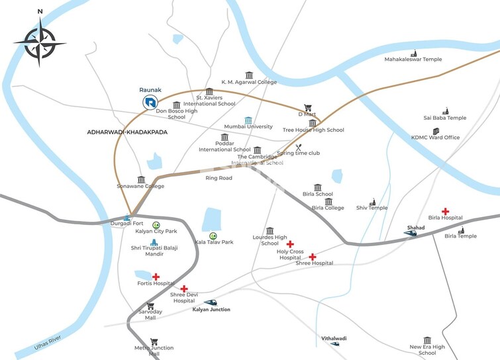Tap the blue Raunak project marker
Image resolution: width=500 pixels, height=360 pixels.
150,102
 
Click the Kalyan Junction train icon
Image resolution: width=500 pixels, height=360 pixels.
210,302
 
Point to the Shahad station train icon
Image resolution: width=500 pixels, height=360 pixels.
411,233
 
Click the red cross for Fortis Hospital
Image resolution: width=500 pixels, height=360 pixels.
156,277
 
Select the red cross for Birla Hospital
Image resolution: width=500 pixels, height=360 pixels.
445,211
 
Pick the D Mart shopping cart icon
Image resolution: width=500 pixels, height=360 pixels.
307,108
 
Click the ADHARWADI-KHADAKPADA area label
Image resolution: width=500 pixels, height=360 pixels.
127,132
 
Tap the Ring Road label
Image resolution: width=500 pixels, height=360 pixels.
219,178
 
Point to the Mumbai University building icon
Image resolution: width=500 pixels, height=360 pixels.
248,120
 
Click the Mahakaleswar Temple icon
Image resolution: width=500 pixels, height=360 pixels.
414,53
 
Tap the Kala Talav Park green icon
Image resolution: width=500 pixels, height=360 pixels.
213,236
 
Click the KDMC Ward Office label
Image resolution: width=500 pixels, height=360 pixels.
435,138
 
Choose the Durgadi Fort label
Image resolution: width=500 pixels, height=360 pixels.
126,224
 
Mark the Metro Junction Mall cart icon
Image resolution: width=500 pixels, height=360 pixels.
154,342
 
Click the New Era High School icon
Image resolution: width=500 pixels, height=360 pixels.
427,340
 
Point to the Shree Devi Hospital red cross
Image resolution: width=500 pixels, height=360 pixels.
183,289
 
